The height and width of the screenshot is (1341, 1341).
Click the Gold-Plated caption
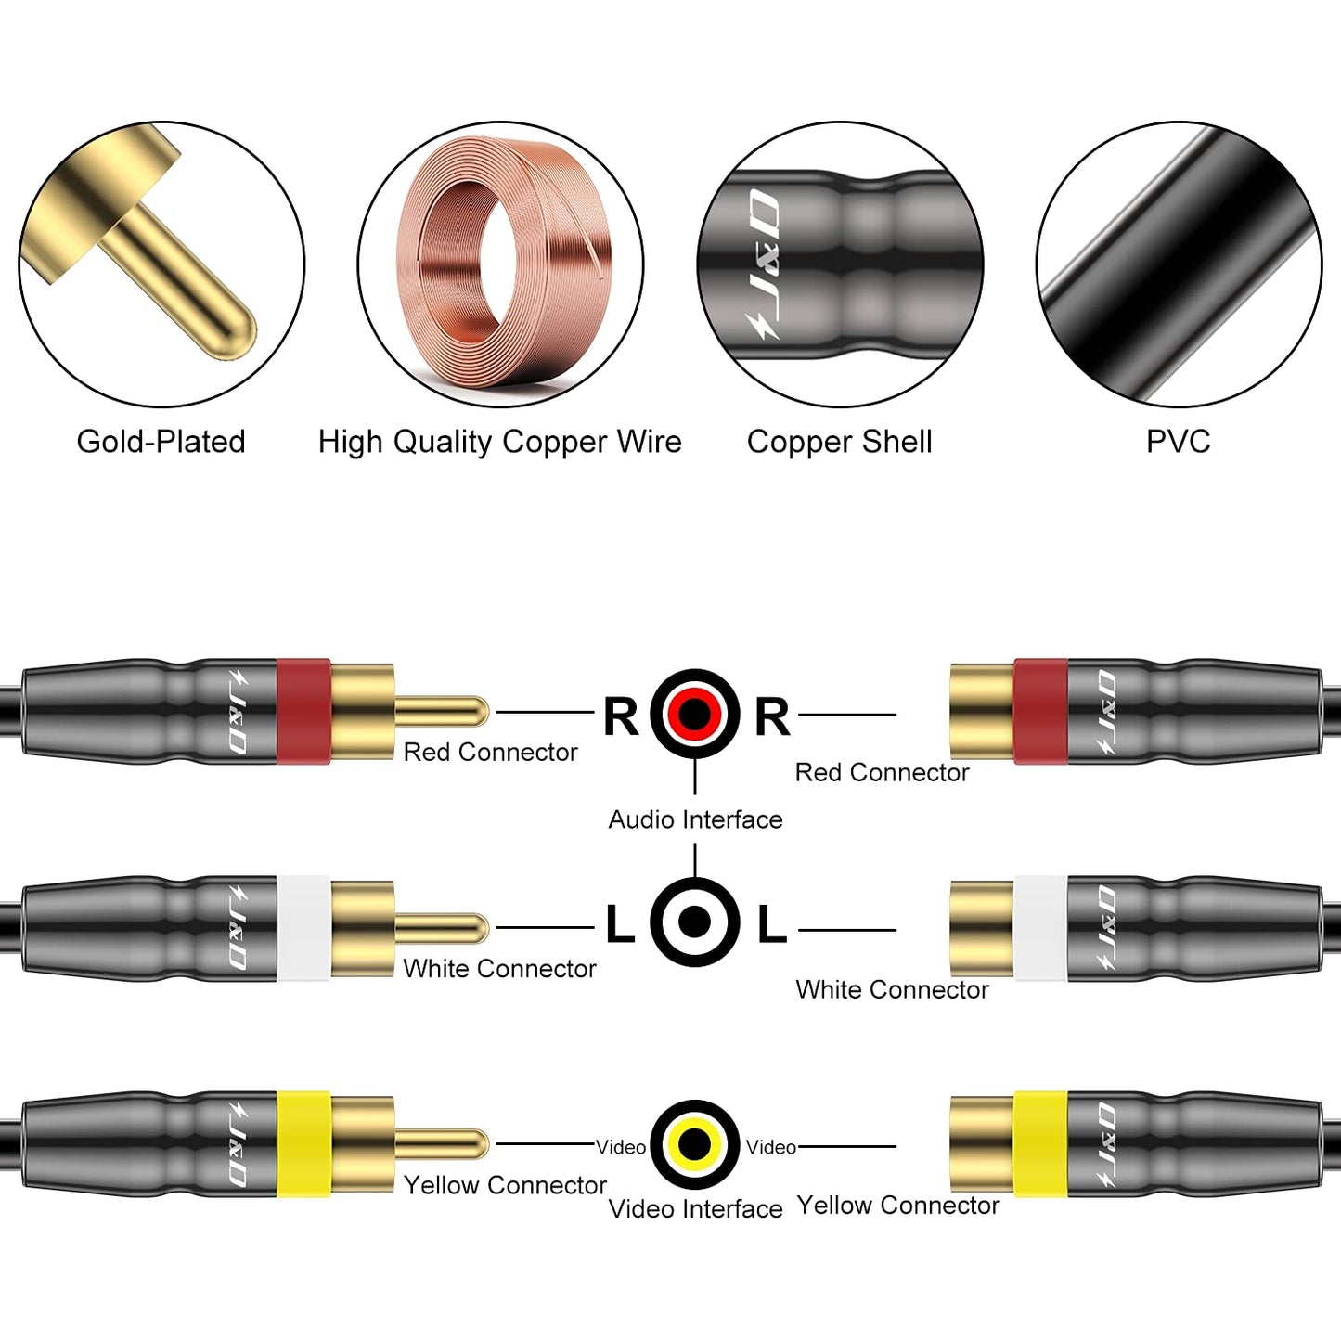(x=161, y=442)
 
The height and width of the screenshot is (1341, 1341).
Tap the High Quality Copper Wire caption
(x=499, y=442)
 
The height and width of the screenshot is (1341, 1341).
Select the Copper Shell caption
(x=839, y=442)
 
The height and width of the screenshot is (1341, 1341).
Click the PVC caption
(x=1178, y=442)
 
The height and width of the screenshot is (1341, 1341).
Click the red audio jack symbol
(x=694, y=714)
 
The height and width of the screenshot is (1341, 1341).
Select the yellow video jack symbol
(x=694, y=1144)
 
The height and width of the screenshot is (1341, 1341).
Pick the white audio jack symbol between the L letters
(x=694, y=922)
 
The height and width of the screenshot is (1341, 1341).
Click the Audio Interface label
(x=695, y=819)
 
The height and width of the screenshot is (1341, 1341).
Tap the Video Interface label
(x=695, y=1208)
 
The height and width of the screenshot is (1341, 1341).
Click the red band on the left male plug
(x=303, y=712)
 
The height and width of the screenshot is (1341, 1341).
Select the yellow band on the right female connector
(x=1039, y=1144)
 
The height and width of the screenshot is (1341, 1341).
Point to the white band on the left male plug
(x=303, y=927)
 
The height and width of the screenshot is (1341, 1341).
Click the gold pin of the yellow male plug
(x=442, y=1144)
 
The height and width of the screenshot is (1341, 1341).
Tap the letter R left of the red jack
(x=621, y=716)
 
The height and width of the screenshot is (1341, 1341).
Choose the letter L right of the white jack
(x=771, y=925)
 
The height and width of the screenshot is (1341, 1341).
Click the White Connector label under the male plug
(x=499, y=969)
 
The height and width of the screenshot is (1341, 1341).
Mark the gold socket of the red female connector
(x=982, y=712)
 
